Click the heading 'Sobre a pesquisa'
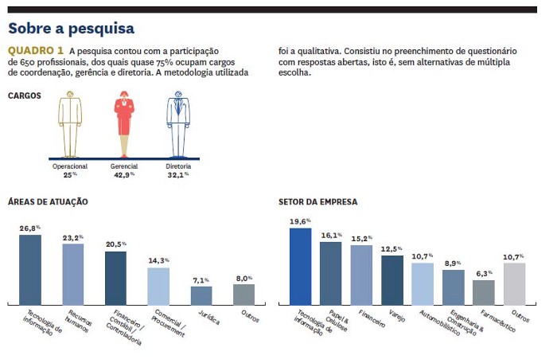[71, 29]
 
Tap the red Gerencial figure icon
[124, 123]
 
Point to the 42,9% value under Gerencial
[124, 174]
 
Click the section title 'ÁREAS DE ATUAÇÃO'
[48, 202]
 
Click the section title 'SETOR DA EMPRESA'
[318, 202]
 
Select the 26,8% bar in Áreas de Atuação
[30, 270]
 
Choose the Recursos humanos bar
[73, 275]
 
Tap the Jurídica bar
[201, 295]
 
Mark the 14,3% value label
[159, 260]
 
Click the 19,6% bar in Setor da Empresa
[300, 267]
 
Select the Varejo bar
[391, 280]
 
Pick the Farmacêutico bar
[483, 292]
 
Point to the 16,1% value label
[331, 236]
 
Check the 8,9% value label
[453, 263]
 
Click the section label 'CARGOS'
[24, 96]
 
